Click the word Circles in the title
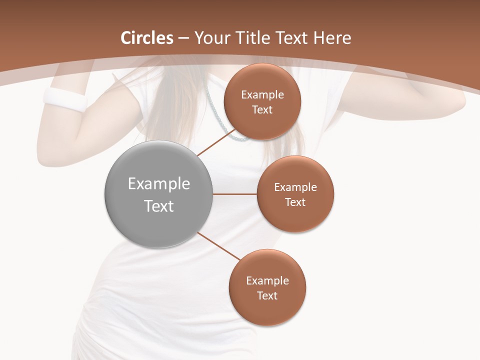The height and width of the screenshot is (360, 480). click(x=147, y=38)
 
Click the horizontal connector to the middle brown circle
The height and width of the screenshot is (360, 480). click(x=235, y=194)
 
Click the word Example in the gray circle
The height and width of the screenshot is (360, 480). click(x=159, y=184)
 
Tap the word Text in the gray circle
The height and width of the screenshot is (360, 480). click(x=159, y=206)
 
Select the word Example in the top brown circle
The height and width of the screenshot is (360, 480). click(x=262, y=95)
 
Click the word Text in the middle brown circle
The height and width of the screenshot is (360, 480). click(x=295, y=202)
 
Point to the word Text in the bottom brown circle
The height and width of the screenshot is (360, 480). click(x=267, y=296)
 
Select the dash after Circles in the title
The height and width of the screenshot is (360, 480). click(x=183, y=38)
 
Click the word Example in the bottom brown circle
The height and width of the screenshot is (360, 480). click(x=267, y=281)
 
